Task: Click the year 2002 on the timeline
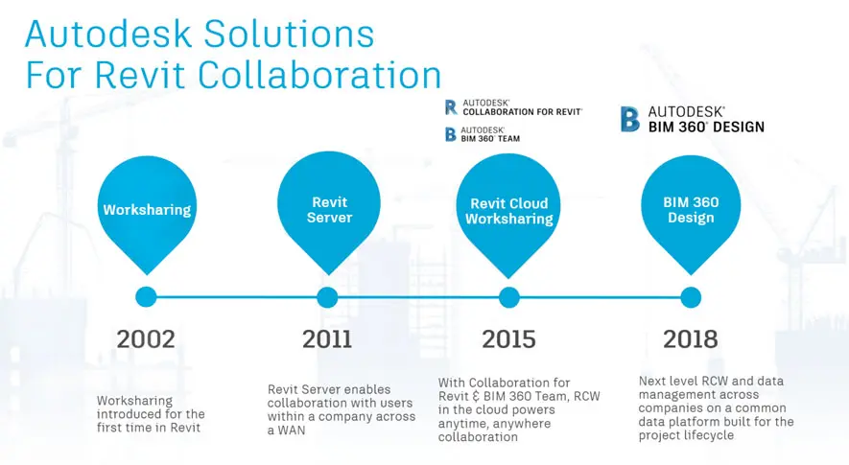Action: click(146, 339)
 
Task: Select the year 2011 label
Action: click(327, 339)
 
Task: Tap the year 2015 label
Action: click(508, 339)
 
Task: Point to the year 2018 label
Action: click(690, 339)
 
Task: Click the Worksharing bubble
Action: click(147, 210)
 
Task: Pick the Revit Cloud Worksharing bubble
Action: click(509, 211)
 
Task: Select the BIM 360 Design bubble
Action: click(691, 210)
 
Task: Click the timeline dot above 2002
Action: click(146, 297)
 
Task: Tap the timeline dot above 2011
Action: click(328, 297)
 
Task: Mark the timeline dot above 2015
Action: click(509, 297)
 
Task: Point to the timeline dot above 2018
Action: click(691, 297)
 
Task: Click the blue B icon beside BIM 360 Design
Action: click(629, 119)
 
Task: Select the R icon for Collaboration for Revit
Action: click(451, 106)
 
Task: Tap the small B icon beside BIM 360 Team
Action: click(451, 134)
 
